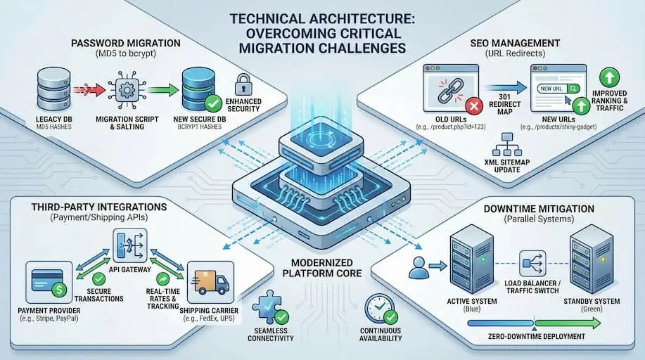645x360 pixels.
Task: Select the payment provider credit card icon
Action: (x=49, y=280)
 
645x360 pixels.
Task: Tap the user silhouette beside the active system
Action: (x=419, y=265)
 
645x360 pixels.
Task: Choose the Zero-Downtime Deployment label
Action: (x=537, y=337)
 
